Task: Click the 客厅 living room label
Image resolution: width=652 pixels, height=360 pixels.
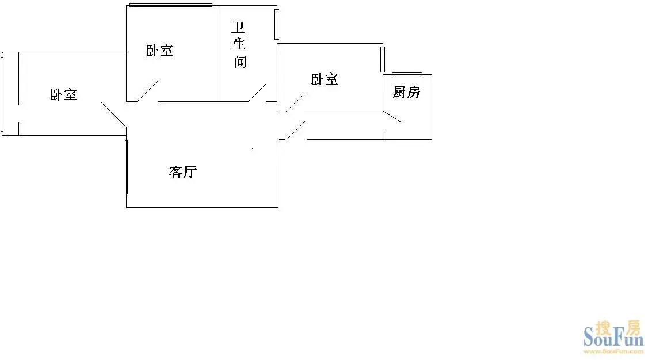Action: [x=183, y=172]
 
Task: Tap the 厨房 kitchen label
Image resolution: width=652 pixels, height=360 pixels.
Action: [x=406, y=92]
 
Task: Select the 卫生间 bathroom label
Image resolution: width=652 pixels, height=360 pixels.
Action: [x=239, y=44]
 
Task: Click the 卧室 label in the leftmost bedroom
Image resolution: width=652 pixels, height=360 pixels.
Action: [x=63, y=95]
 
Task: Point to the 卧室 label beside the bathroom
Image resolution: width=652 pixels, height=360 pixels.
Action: [x=159, y=51]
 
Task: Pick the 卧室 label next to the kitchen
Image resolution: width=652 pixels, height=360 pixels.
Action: [x=325, y=79]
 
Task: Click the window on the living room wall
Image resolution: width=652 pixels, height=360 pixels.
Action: [x=127, y=167]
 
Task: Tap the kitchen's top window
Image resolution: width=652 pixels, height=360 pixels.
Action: [x=407, y=74]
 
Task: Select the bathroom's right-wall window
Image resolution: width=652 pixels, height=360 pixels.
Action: [x=277, y=25]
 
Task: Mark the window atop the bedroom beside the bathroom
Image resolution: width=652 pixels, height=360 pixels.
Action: [x=171, y=5]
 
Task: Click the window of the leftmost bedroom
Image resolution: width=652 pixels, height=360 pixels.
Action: [x=2, y=94]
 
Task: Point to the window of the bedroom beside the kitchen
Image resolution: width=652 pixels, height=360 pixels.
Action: [x=383, y=59]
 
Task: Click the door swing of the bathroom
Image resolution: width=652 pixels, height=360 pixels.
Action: [x=258, y=92]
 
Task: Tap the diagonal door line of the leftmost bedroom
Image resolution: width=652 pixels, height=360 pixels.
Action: [x=113, y=114]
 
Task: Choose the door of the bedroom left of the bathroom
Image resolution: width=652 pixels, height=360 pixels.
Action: [x=148, y=91]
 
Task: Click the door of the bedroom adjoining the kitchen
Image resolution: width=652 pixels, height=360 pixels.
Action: [x=295, y=103]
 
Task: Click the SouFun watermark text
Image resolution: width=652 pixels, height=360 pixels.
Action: [x=614, y=337]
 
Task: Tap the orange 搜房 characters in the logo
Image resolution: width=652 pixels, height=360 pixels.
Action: [x=618, y=328]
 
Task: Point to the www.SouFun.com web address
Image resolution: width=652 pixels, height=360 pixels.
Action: [x=614, y=352]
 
